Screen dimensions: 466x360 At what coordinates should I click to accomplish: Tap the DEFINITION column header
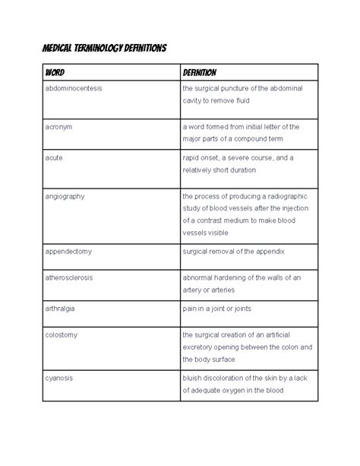200,73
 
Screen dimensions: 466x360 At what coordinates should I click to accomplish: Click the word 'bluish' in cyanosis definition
194,378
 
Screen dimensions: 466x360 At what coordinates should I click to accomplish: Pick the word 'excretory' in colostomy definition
200,347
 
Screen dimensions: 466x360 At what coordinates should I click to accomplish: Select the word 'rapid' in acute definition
191,157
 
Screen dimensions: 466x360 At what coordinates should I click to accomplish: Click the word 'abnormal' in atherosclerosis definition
199,277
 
